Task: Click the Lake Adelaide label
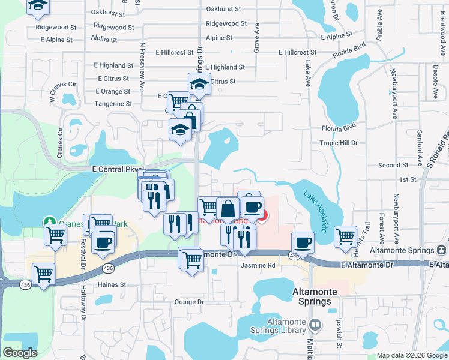315,212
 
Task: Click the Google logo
20,353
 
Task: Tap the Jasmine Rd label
258,265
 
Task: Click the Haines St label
113,284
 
